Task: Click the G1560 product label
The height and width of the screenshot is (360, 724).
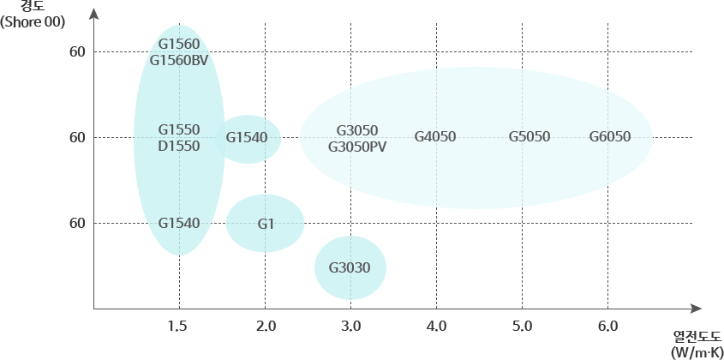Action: [179, 44]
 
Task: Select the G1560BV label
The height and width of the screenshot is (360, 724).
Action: [179, 60]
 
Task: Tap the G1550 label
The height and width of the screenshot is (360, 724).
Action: [179, 129]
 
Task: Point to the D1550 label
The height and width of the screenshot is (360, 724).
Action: [179, 146]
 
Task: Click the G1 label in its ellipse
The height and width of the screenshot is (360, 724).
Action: [266, 224]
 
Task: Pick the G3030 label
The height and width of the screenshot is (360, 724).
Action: [350, 267]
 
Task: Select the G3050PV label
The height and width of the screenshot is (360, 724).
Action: [357, 147]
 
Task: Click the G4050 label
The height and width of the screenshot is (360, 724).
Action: [435, 137]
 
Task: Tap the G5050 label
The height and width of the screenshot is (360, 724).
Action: [530, 137]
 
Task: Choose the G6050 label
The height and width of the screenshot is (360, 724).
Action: [610, 137]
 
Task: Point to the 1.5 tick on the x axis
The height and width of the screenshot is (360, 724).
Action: [178, 327]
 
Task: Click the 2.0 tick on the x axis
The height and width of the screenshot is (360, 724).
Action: [265, 327]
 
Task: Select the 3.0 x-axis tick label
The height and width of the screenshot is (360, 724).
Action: [350, 327]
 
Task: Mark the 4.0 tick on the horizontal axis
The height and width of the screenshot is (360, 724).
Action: [436, 327]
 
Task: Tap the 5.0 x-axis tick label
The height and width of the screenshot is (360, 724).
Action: [522, 327]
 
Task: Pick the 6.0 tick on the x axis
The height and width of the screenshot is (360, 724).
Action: [607, 327]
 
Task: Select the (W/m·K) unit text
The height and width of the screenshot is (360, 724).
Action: [697, 351]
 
